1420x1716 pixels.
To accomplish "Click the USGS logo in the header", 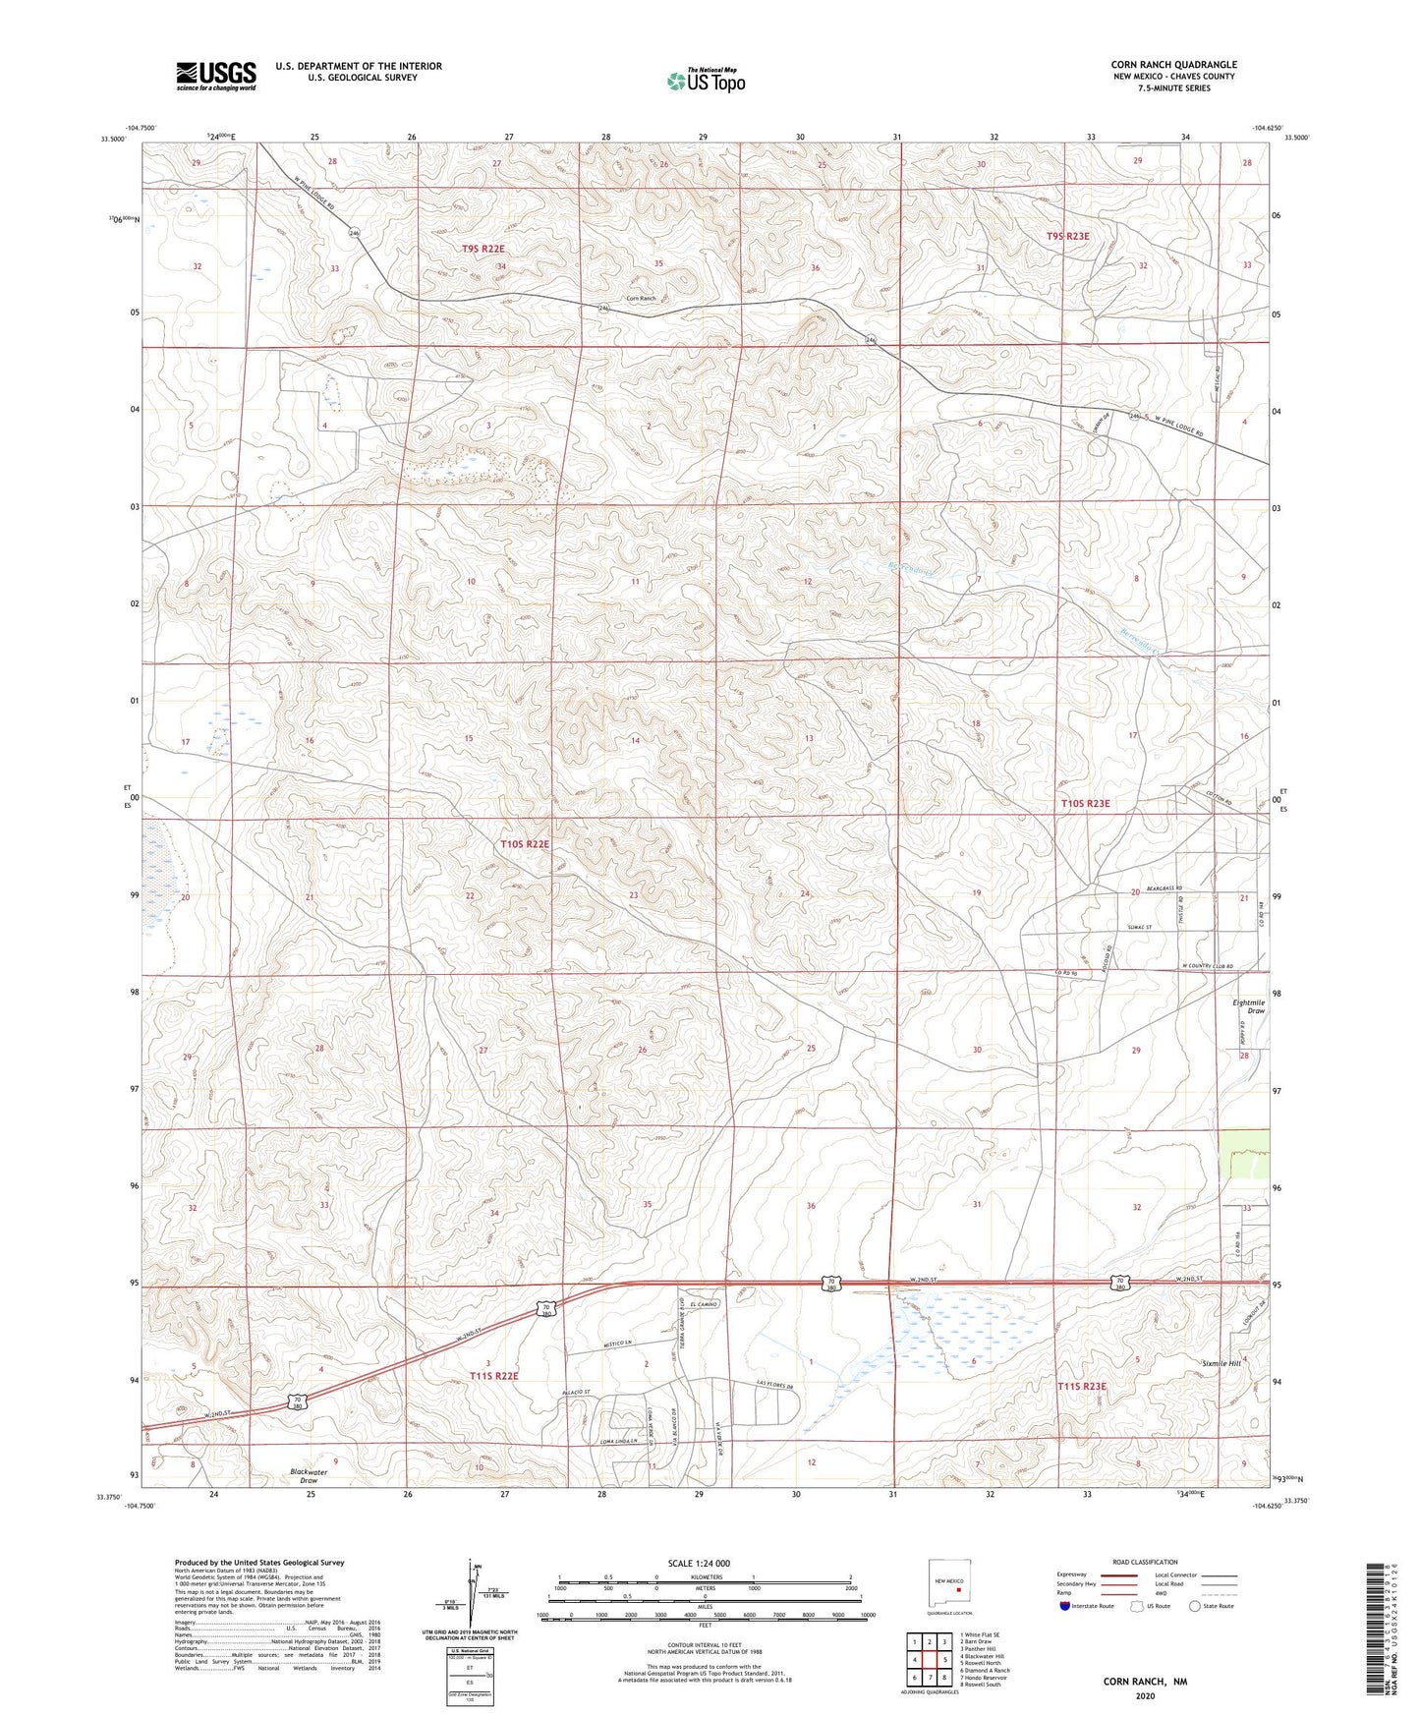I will click(x=216, y=76).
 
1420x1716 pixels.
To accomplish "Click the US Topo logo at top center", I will click(x=706, y=81).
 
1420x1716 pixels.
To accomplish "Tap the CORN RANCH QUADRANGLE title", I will click(x=1173, y=64).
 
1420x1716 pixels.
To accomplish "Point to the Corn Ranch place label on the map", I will click(x=640, y=299).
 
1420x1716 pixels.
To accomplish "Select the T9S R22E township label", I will click(x=483, y=250).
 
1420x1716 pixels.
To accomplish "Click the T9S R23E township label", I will click(x=1067, y=236).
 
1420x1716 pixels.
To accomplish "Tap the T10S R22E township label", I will click(x=524, y=844).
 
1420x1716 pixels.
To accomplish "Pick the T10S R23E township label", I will click(x=1085, y=804).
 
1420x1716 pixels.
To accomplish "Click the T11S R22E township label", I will click(x=493, y=1376).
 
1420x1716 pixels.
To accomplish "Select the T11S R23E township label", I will click(x=1081, y=1387).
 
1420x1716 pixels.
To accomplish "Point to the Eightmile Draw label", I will click(x=1248, y=1006).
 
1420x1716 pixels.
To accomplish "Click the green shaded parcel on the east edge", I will click(x=1242, y=1153).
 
